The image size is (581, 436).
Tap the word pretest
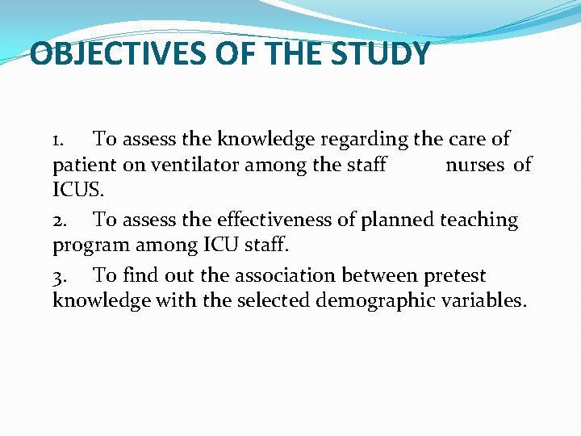click(x=453, y=276)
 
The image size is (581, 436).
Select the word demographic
click(x=382, y=301)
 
